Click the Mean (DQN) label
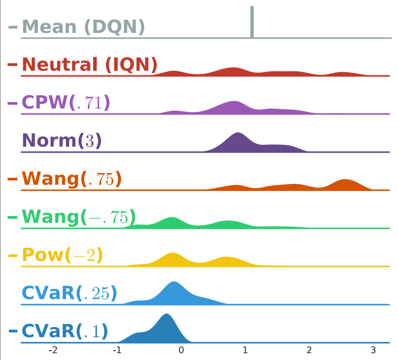83,27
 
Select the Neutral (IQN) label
89,65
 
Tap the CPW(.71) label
66,103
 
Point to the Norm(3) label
62,141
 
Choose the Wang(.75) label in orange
71,179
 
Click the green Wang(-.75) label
78,217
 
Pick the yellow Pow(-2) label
62,255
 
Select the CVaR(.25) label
69,293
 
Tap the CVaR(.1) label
65,331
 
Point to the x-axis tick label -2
53,350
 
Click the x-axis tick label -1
117,350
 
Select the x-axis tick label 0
181,350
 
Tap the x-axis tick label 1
245,350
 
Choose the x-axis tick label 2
309,350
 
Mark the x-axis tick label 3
373,350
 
